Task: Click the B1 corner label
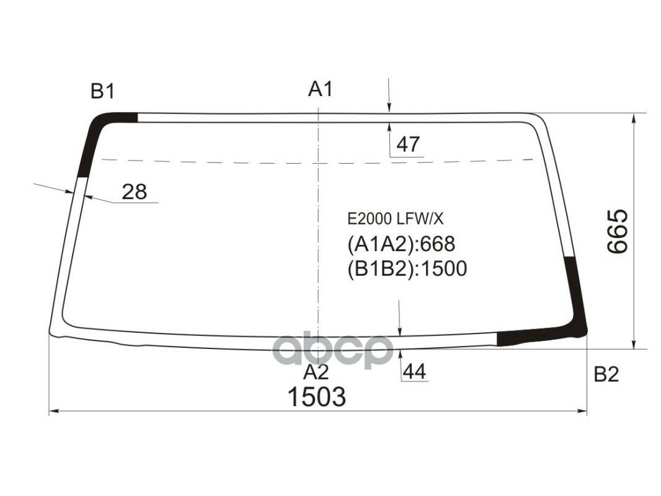point(103,92)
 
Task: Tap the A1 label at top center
point(321,90)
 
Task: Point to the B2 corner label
point(606,374)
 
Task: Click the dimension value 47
point(408,144)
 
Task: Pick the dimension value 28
point(134,192)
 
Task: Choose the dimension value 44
point(414,372)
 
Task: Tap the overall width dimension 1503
point(316,397)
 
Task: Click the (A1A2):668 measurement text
point(401,244)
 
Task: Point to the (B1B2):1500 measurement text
point(406,268)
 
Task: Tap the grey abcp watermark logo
point(334,352)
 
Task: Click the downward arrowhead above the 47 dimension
point(389,108)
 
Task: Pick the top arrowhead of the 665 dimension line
point(633,118)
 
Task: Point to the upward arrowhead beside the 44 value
point(400,354)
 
